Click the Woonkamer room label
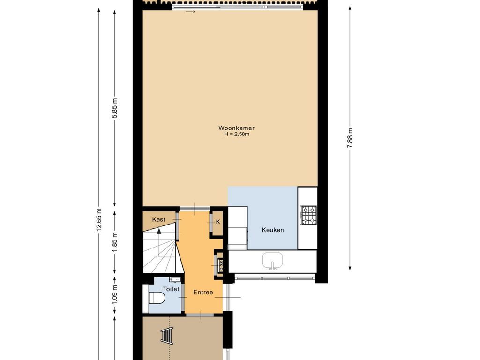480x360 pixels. coord(236,128)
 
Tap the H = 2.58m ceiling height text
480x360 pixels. coord(237,134)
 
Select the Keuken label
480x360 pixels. coord(272,230)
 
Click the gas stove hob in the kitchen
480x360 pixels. coord(308,215)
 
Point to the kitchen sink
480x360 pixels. coord(272,261)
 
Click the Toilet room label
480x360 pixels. coord(171,289)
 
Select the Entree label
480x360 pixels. coord(203,292)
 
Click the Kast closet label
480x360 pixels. coord(158,219)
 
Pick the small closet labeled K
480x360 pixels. coord(218,222)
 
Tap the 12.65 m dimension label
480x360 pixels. coord(98,219)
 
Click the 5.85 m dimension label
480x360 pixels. coord(114,108)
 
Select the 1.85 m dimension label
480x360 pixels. coord(114,242)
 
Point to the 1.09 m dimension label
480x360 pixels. coord(114,295)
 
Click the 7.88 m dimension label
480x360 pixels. coord(350,138)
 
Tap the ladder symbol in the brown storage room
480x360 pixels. coord(167,336)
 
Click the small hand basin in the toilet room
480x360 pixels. coord(175,279)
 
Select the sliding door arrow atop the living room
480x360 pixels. coord(190,12)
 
